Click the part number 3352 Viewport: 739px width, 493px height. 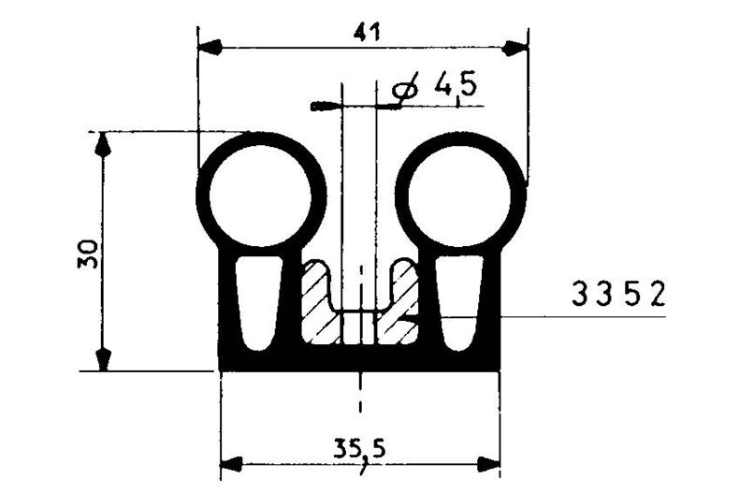[618, 296]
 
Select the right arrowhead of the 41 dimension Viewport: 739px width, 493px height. [515, 46]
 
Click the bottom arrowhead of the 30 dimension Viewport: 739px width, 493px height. [103, 359]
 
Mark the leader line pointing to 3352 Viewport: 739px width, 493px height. [561, 317]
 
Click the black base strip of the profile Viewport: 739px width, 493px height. [360, 359]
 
